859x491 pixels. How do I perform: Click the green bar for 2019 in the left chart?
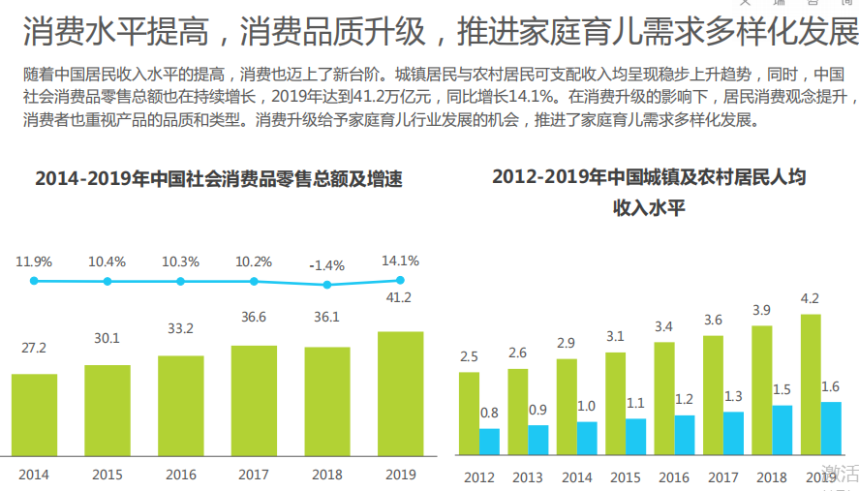[400, 392]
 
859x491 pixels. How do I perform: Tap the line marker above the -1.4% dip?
[327, 285]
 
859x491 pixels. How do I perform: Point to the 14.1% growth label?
[400, 261]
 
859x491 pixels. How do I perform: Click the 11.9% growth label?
[34, 261]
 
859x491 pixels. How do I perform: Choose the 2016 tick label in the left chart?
[181, 475]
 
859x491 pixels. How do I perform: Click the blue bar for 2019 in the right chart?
[831, 428]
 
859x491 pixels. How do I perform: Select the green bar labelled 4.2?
[811, 384]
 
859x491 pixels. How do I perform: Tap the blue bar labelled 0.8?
[489, 442]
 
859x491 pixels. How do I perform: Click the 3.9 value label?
[762, 310]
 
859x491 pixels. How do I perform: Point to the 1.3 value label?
[733, 396]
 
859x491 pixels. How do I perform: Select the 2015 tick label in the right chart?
[625, 477]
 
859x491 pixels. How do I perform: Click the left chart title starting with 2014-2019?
[219, 179]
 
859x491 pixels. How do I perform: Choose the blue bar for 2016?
[685, 435]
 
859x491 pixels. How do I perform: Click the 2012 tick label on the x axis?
[479, 477]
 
